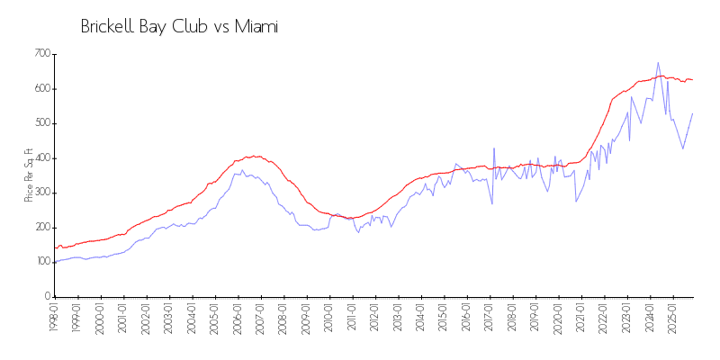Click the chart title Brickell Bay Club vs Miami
pyautogui.click(x=179, y=27)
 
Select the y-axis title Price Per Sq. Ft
pyautogui.click(x=29, y=175)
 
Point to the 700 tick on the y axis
pyautogui.click(x=42, y=54)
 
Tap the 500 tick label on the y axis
pyautogui.click(x=42, y=123)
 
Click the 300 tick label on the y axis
pyautogui.click(x=42, y=193)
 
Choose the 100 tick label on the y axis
pyautogui.click(x=42, y=262)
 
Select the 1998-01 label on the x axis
pyautogui.click(x=55, y=318)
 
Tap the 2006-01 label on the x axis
pyautogui.click(x=238, y=318)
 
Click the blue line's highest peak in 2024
pyautogui.click(x=658, y=63)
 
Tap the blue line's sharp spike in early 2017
pyautogui.click(x=494, y=148)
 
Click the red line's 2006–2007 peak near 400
pyautogui.click(x=255, y=156)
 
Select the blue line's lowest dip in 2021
pyautogui.click(x=576, y=201)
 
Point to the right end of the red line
pyautogui.click(x=692, y=80)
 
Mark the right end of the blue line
pyautogui.click(x=692, y=113)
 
